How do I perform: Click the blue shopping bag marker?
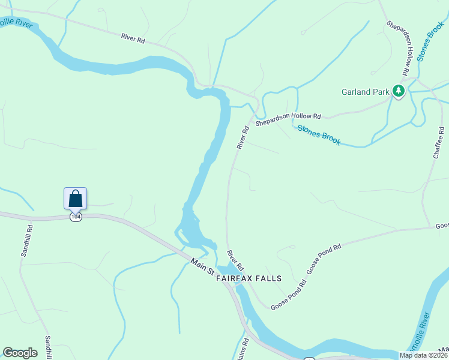tap(75, 198)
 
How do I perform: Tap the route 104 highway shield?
tap(75, 217)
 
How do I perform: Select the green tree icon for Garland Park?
tap(398, 91)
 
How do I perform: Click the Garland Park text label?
tap(366, 92)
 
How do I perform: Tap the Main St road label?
tap(202, 267)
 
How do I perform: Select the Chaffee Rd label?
tap(438, 143)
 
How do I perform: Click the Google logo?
tap(20, 353)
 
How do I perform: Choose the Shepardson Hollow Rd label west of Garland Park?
tap(288, 119)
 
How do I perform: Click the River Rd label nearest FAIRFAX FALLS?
tap(235, 259)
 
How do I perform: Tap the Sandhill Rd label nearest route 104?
tap(26, 241)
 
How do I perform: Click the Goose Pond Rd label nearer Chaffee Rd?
tap(324, 259)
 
